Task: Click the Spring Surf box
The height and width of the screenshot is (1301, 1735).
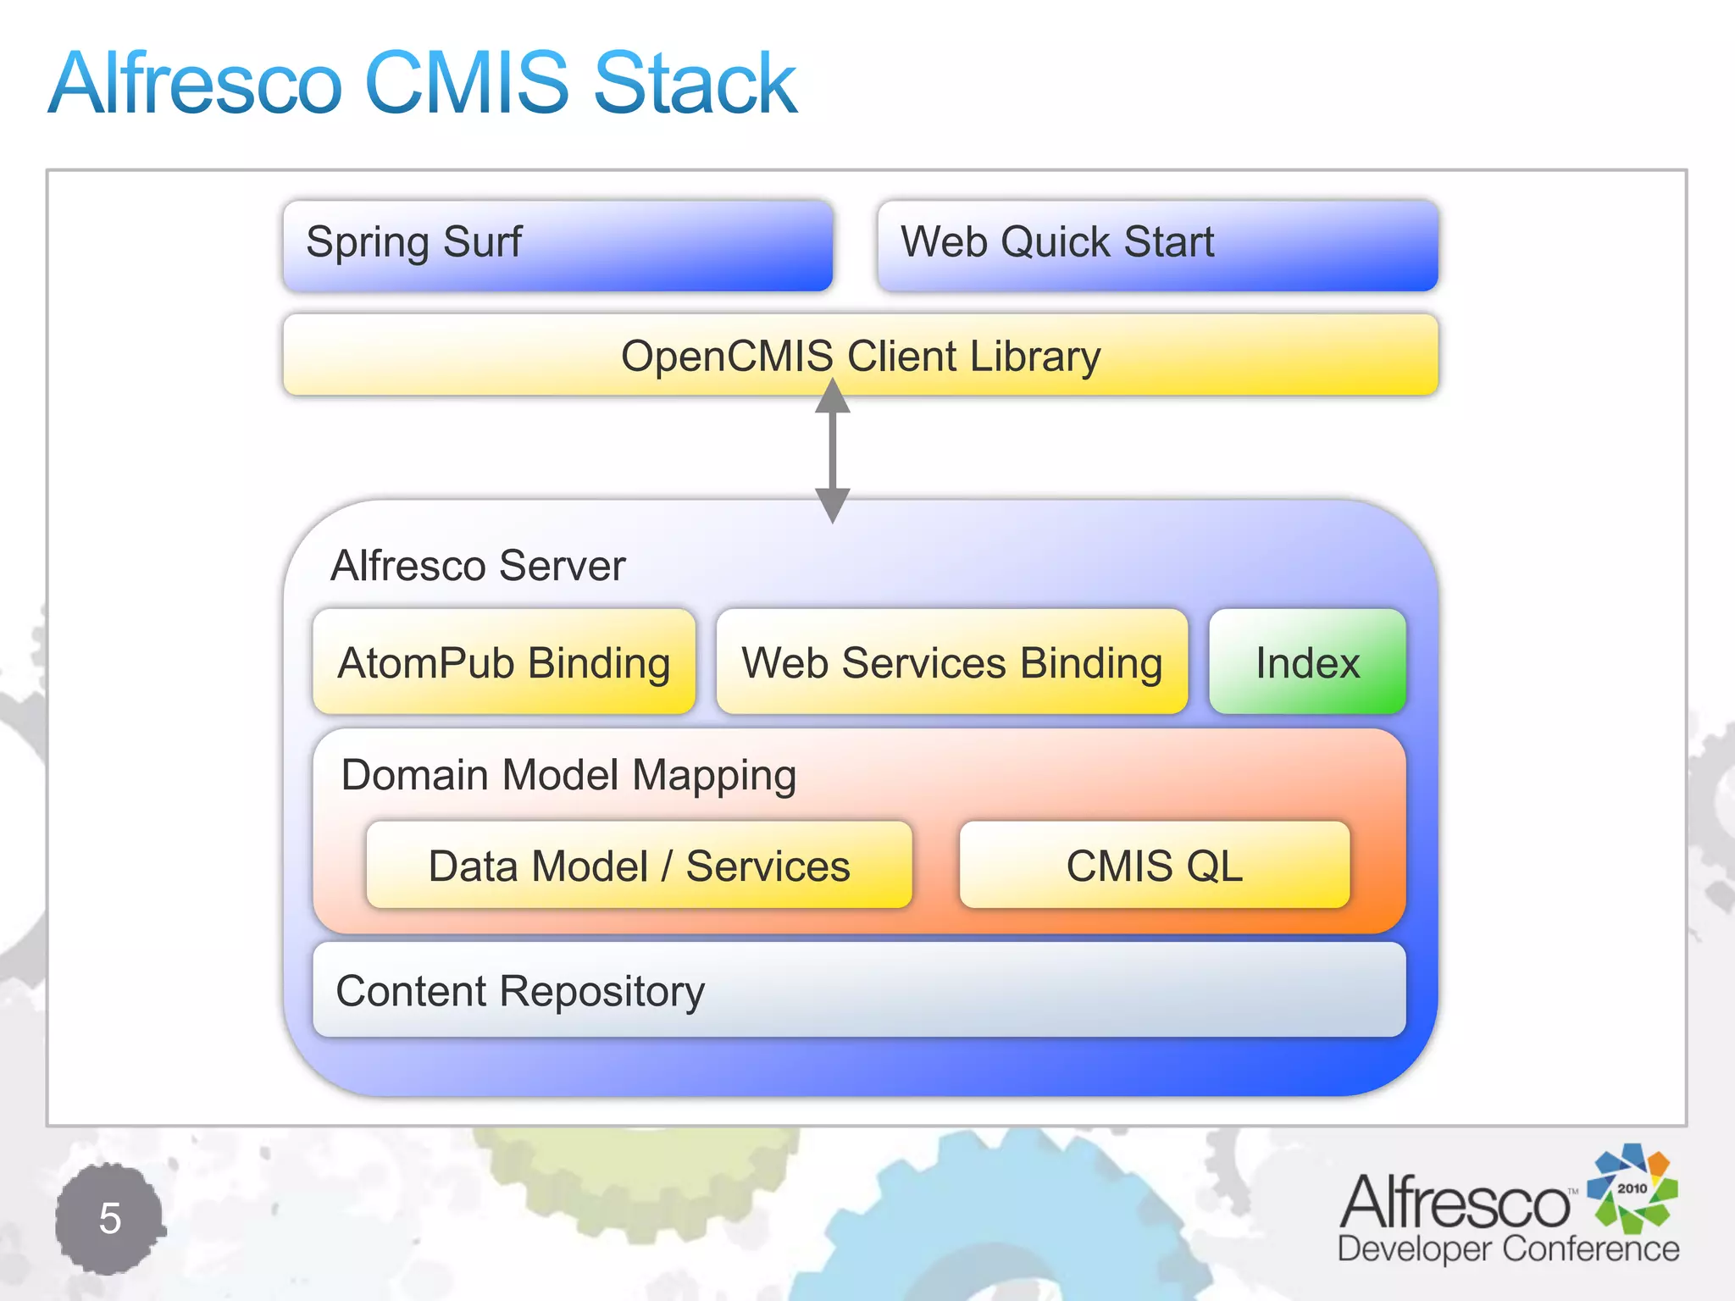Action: (557, 245)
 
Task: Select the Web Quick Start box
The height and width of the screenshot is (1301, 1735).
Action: (1157, 245)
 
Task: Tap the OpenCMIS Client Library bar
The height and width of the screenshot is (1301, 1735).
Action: (860, 355)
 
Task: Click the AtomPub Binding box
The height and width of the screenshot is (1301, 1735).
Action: (504, 662)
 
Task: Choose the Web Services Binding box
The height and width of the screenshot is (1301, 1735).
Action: (951, 662)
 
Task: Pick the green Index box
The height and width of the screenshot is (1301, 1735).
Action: (1307, 662)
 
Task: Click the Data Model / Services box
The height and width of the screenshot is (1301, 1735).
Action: (639, 865)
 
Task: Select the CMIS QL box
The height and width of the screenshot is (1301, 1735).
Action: (1154, 865)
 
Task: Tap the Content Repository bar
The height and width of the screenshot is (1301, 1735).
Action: (858, 990)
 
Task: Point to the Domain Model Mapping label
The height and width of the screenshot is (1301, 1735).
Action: (568, 774)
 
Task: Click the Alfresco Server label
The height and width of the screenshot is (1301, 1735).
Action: (478, 565)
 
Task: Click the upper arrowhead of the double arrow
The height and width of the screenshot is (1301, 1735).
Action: (833, 396)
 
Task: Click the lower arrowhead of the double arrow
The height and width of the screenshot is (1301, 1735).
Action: (833, 505)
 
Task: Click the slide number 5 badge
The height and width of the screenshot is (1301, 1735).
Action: (109, 1218)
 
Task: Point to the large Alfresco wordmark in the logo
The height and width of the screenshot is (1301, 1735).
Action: (1455, 1202)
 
